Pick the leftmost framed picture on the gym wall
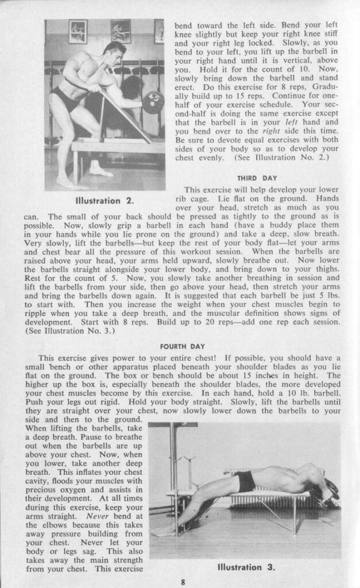[78, 31]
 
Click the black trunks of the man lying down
[246, 480]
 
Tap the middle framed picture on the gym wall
[120, 30]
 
